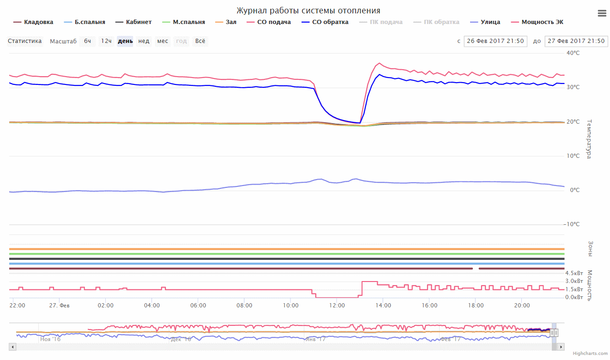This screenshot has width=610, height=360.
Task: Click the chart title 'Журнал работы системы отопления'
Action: pyautogui.click(x=308, y=11)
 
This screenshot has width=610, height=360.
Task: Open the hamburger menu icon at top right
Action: pyautogui.click(x=602, y=13)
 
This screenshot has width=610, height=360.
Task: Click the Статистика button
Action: pyautogui.click(x=25, y=41)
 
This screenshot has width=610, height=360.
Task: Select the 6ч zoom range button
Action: pyautogui.click(x=87, y=41)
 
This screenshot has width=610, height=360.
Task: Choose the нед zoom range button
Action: pyautogui.click(x=144, y=41)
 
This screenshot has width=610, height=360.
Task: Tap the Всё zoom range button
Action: pyautogui.click(x=200, y=41)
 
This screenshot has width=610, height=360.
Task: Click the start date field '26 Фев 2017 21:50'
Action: pyautogui.click(x=495, y=41)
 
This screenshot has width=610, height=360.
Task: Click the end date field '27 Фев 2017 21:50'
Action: pyautogui.click(x=576, y=41)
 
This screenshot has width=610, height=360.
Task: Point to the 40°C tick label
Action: pyautogui.click(x=573, y=53)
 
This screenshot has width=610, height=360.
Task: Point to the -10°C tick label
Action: pyautogui.click(x=572, y=224)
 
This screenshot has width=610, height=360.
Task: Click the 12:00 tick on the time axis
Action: pyautogui.click(x=337, y=305)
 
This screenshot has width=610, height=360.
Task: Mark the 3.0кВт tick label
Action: pyautogui.click(x=574, y=281)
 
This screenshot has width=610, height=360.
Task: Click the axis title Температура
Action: pyautogui.click(x=589, y=139)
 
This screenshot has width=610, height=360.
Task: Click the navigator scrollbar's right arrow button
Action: pyautogui.click(x=561, y=347)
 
